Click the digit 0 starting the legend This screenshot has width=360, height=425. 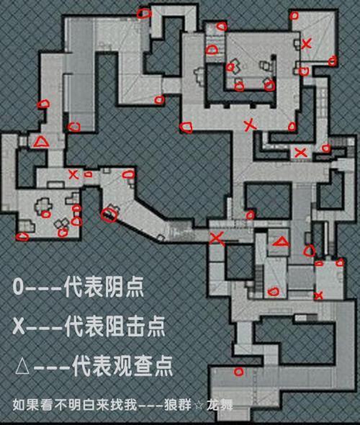pos(18,287)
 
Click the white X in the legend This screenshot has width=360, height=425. pos(19,326)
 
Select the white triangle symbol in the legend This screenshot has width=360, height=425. pos(22,367)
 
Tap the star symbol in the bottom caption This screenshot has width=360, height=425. pos(198,406)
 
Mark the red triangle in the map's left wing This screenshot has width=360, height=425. pos(41,142)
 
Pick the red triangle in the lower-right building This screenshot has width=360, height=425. pos(282,241)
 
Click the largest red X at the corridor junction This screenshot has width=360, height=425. pos(217,238)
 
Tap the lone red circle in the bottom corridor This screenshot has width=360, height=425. pos(238,372)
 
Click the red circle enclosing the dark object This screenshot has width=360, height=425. pos(109,215)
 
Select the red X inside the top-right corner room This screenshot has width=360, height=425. pos(307,43)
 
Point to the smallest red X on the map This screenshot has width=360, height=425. pos(319,295)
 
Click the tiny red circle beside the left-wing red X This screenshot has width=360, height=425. pos(88,175)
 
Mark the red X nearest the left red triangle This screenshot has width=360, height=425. pos(73,174)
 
